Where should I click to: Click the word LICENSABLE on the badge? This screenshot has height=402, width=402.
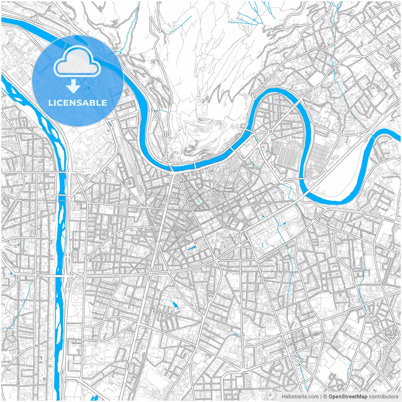[x=77, y=103]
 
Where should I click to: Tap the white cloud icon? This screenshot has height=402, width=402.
[x=77, y=61]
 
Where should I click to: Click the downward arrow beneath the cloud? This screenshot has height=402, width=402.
[x=73, y=86]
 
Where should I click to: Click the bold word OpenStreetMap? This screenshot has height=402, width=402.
[x=348, y=397]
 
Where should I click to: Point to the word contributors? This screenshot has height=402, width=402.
[x=383, y=397]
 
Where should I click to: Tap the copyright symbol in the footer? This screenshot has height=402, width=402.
[x=325, y=397]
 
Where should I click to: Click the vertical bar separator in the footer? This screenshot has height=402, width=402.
[x=321, y=397]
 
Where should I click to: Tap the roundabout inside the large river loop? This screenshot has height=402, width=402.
[x=270, y=131]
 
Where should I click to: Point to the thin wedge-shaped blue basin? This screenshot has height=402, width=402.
[x=191, y=248]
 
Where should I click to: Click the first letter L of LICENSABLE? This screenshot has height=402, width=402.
[x=50, y=103]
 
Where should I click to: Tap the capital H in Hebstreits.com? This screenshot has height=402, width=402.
[x=284, y=397]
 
